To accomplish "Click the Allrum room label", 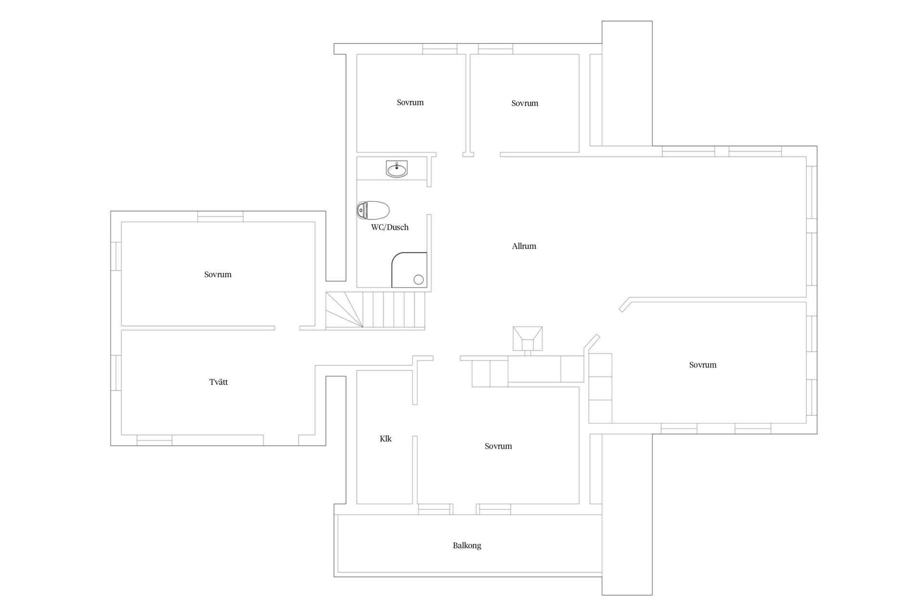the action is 524,246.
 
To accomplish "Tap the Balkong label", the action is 467,546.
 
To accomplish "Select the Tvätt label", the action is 218,382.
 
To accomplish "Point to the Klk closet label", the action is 385,438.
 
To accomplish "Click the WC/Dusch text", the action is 390,227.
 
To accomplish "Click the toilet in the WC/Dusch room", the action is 373,210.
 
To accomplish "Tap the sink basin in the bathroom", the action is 397,169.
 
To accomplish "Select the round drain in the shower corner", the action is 418,280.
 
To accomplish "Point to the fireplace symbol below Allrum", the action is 527,339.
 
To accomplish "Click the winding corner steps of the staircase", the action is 344,310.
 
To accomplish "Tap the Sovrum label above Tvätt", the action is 218,274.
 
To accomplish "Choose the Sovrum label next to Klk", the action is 498,446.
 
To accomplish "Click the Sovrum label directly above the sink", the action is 410,102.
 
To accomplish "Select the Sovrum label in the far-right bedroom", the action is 703,365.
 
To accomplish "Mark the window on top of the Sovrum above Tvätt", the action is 220,217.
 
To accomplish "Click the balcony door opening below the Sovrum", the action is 464,509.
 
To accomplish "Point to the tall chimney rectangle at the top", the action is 627,83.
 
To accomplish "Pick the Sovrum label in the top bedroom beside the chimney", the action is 525,103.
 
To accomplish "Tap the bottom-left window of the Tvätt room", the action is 154,440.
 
